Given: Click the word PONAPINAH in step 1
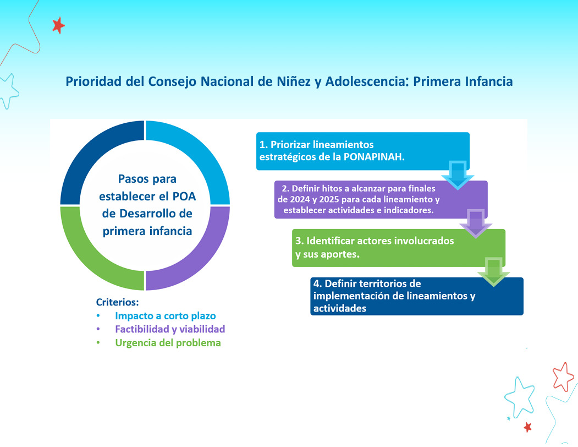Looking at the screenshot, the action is (374, 157).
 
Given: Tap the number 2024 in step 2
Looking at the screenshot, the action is (299, 199).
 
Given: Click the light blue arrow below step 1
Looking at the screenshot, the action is (458, 175).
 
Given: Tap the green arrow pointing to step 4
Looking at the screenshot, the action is (494, 272).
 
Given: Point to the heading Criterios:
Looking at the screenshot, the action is (117, 302).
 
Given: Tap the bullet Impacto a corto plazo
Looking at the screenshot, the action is (165, 316).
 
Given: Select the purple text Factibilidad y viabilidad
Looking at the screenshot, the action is (170, 329).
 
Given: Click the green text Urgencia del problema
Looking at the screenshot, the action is (168, 343).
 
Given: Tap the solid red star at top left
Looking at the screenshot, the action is (58, 25).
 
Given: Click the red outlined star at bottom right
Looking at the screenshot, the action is (563, 377).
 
